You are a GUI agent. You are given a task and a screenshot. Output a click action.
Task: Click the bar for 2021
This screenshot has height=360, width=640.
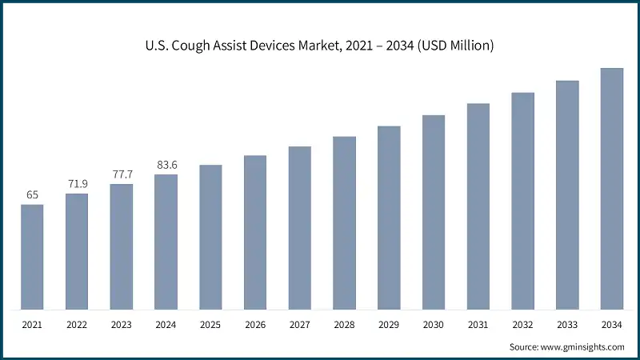tap(32, 257)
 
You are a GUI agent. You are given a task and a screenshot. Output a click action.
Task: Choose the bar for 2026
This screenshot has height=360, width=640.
tap(255, 232)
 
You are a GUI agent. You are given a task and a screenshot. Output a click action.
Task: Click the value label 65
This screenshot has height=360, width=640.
tap(32, 194)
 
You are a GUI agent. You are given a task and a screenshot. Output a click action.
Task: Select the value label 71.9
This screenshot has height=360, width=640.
tap(77, 184)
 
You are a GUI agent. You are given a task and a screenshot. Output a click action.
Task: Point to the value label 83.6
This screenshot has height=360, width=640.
tap(166, 165)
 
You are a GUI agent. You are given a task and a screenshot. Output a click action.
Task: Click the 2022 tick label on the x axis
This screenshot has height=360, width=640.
tap(77, 326)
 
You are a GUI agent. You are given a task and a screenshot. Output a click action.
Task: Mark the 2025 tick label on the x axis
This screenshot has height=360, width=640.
tap(210, 326)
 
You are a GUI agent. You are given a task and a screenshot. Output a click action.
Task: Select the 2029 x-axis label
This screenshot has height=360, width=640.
tap(389, 326)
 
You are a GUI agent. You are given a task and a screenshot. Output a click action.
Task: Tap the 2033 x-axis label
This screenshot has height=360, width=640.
tap(567, 326)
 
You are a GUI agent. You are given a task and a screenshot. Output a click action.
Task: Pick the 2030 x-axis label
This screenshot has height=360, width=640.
tap(434, 326)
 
